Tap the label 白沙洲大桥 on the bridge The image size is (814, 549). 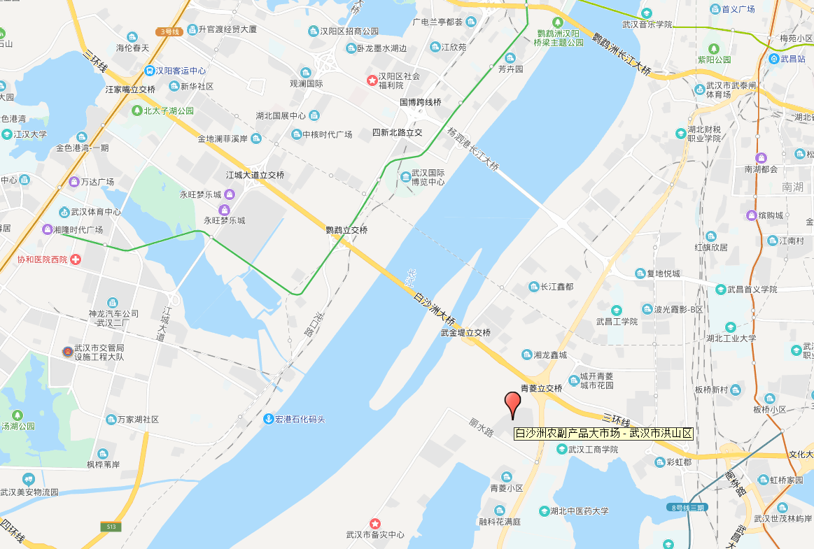click(x=434, y=308)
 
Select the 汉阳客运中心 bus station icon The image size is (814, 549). click(x=149, y=71)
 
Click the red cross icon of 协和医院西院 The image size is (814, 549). click(x=76, y=259)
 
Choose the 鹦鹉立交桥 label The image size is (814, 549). click(x=346, y=230)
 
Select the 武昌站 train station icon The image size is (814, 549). click(x=773, y=59)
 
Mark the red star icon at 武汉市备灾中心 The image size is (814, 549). click(x=375, y=523)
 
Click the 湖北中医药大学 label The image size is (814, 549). click(x=579, y=511)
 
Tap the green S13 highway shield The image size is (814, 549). click(x=110, y=526)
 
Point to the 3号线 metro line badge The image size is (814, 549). click(x=169, y=31)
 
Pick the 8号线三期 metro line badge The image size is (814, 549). click(x=686, y=507)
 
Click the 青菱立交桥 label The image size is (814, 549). click(x=541, y=388)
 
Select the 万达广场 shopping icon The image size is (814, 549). click(x=73, y=182)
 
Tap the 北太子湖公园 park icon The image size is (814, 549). click(x=137, y=110)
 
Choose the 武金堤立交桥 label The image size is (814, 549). click(x=465, y=333)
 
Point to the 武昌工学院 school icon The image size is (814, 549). click(x=617, y=310)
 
